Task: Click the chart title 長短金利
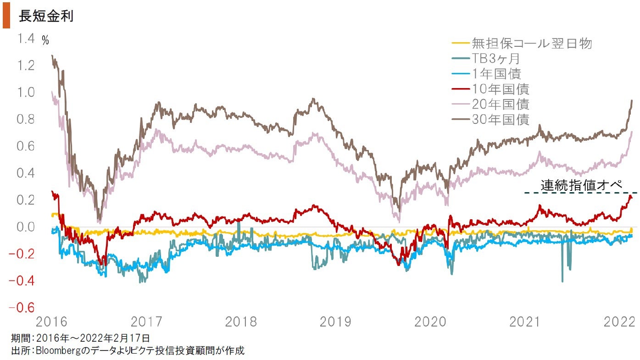click(46, 16)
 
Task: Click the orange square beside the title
click(6, 17)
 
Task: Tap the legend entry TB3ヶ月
click(495, 59)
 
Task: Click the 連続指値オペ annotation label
click(581, 185)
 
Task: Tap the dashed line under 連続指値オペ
click(581, 193)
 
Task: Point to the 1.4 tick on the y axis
click(26, 39)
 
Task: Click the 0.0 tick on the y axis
click(26, 227)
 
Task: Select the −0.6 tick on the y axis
click(22, 308)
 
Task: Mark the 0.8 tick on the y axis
click(26, 119)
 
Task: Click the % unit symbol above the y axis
click(45, 41)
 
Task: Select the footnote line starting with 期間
click(81, 339)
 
